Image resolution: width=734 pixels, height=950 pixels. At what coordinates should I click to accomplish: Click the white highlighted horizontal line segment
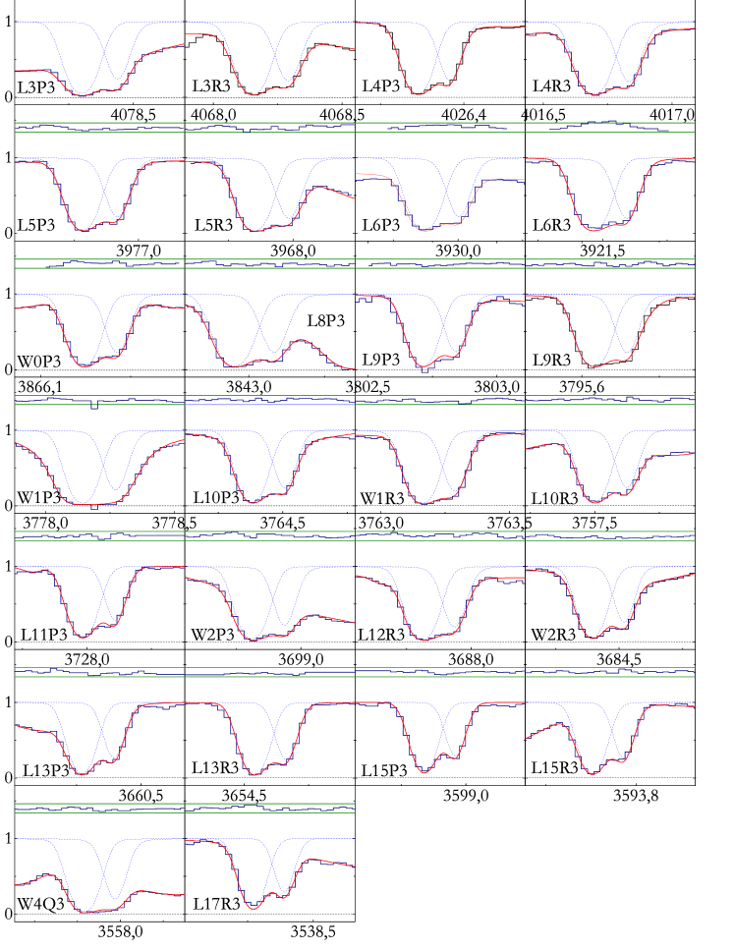coord(270,404)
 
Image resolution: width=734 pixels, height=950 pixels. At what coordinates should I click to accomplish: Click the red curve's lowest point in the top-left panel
coord(82,95)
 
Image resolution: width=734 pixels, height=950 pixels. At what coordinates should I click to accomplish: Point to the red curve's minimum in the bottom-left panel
coord(85,913)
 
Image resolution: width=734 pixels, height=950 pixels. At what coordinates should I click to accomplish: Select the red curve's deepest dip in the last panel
coord(254,909)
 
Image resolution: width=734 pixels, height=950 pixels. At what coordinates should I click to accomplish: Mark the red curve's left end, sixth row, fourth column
coord(527,738)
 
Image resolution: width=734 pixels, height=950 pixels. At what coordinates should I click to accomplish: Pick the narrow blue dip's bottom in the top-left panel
coord(117,77)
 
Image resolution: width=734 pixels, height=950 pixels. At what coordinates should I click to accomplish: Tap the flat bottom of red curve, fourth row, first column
coord(93,504)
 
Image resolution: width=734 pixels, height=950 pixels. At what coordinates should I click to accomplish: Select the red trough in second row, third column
coord(425,231)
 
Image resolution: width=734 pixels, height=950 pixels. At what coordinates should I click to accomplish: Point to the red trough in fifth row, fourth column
coord(593,639)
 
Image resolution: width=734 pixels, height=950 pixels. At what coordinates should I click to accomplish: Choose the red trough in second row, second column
coord(255,231)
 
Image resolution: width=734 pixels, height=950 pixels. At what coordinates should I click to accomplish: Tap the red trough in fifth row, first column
coord(84,638)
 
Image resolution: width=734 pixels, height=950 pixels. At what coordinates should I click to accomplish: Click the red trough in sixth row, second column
coord(254,775)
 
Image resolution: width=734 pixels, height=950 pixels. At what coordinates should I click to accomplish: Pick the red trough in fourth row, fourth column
coord(594,503)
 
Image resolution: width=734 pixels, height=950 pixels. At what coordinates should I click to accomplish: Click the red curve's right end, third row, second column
coord(354,368)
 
